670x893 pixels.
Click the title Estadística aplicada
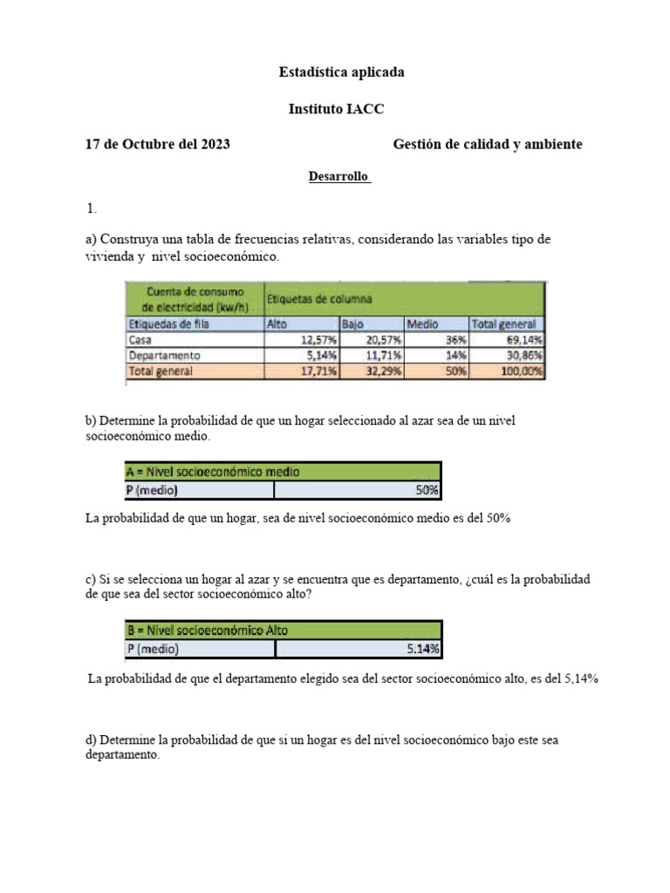(341, 73)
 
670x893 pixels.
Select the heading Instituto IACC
(336, 109)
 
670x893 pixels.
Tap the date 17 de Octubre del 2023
(157, 145)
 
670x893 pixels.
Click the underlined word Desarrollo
(339, 177)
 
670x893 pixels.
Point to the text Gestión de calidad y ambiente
(488, 145)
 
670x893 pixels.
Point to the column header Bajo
(352, 324)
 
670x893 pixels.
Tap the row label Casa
(140, 340)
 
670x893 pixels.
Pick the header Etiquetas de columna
(318, 299)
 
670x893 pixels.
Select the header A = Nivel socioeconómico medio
(213, 472)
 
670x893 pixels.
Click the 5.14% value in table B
(423, 649)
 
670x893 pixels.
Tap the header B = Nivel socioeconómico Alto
(208, 630)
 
